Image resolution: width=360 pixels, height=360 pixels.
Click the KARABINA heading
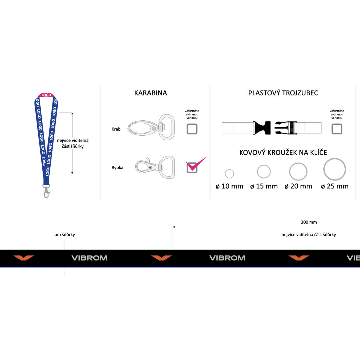pyautogui.click(x=150, y=93)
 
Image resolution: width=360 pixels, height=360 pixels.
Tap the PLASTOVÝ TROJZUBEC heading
pyautogui.click(x=283, y=93)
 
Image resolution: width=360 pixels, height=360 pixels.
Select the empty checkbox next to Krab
pyautogui.click(x=192, y=129)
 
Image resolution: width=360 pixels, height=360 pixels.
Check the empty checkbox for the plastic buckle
pyautogui.click(x=337, y=129)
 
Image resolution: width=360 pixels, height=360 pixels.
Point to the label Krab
pyautogui.click(x=116, y=129)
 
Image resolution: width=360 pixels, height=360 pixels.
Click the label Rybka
pyautogui.click(x=117, y=168)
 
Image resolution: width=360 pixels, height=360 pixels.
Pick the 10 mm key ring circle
pyautogui.click(x=229, y=174)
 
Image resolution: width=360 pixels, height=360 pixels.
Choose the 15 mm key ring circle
pyautogui.click(x=264, y=172)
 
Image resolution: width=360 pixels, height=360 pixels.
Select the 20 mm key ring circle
pyautogui.click(x=298, y=172)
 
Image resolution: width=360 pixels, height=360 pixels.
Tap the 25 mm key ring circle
pyautogui.click(x=335, y=169)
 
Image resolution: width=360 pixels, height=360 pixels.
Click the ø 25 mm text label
pyautogui.click(x=335, y=186)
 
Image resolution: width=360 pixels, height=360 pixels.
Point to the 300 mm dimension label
pyautogui.click(x=309, y=222)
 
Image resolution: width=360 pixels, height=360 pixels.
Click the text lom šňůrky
pyautogui.click(x=64, y=235)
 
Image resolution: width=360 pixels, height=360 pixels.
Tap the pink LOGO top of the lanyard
pyautogui.click(x=46, y=95)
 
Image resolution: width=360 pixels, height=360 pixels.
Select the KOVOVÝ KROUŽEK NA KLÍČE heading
pyautogui.click(x=283, y=153)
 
